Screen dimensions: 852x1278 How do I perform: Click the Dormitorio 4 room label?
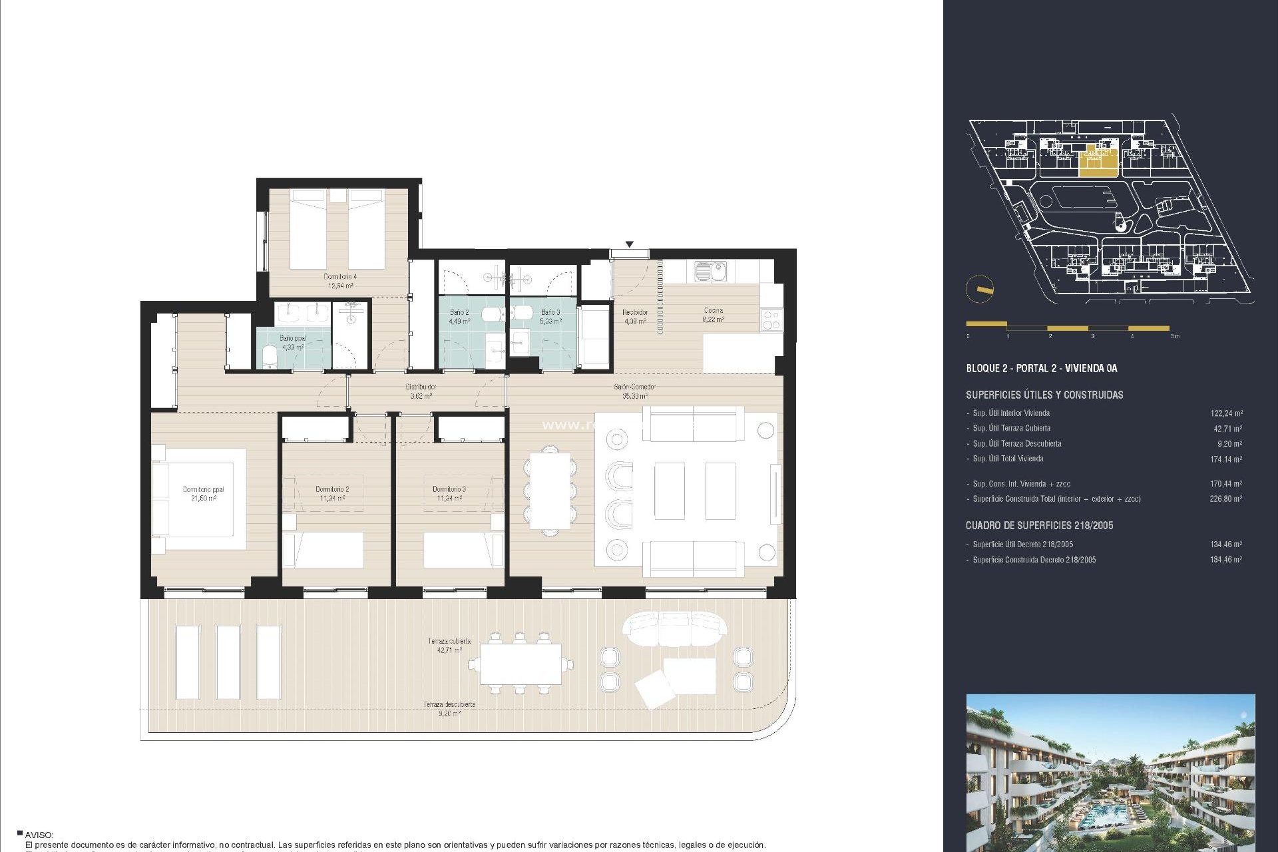coord(340,280)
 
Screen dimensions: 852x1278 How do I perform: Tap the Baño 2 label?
coord(459,316)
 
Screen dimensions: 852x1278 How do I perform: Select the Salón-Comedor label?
coord(634,391)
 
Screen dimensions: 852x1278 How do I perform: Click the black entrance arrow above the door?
coord(629,244)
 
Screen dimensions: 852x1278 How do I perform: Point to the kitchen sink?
coord(710,271)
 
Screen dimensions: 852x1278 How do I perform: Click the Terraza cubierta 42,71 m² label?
coord(449,645)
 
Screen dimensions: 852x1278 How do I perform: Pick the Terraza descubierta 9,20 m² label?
coord(449,708)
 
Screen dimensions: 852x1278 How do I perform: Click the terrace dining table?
coord(521,664)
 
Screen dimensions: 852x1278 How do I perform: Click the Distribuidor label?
coord(421,391)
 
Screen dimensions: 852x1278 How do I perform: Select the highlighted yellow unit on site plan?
coord(1097,160)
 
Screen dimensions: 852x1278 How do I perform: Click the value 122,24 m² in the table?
coord(1225,413)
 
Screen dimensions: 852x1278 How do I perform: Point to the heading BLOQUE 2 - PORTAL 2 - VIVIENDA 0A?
coord(1041,368)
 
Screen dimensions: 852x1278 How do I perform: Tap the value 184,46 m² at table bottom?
coord(1225,560)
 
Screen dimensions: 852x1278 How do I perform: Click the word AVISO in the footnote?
coord(39,835)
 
